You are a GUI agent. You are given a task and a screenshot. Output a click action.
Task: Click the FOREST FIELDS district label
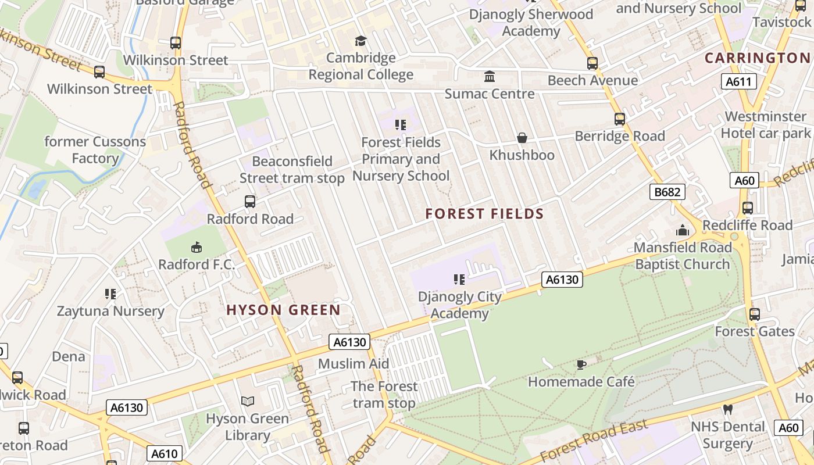click(484, 214)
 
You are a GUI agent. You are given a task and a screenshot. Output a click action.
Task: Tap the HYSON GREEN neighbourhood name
click(283, 310)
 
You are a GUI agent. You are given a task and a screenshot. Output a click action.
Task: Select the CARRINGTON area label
click(757, 58)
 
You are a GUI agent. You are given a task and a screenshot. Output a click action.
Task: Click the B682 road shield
click(667, 192)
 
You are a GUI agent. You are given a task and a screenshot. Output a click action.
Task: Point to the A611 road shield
click(740, 82)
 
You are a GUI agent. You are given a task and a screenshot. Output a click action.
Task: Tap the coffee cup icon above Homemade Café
click(581, 364)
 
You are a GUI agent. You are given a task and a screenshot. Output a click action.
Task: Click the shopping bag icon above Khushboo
click(522, 138)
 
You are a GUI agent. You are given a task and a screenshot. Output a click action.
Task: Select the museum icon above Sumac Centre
click(490, 77)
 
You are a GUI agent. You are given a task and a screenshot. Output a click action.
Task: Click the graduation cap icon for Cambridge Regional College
click(361, 41)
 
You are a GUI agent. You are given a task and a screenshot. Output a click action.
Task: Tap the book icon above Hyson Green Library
click(248, 401)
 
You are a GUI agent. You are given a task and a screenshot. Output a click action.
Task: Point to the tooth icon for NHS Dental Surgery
click(727, 409)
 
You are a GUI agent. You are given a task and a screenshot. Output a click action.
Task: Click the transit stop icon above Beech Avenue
click(592, 63)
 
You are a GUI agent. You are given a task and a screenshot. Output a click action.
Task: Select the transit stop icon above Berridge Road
click(620, 119)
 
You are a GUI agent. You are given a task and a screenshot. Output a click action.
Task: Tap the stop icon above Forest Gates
click(755, 314)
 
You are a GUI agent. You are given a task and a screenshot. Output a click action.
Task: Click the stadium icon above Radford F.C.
click(197, 248)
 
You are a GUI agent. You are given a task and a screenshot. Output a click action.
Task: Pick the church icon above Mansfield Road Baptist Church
click(683, 231)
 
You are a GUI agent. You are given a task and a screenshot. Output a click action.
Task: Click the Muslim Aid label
click(354, 364)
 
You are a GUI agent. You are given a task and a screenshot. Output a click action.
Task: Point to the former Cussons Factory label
click(95, 150)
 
